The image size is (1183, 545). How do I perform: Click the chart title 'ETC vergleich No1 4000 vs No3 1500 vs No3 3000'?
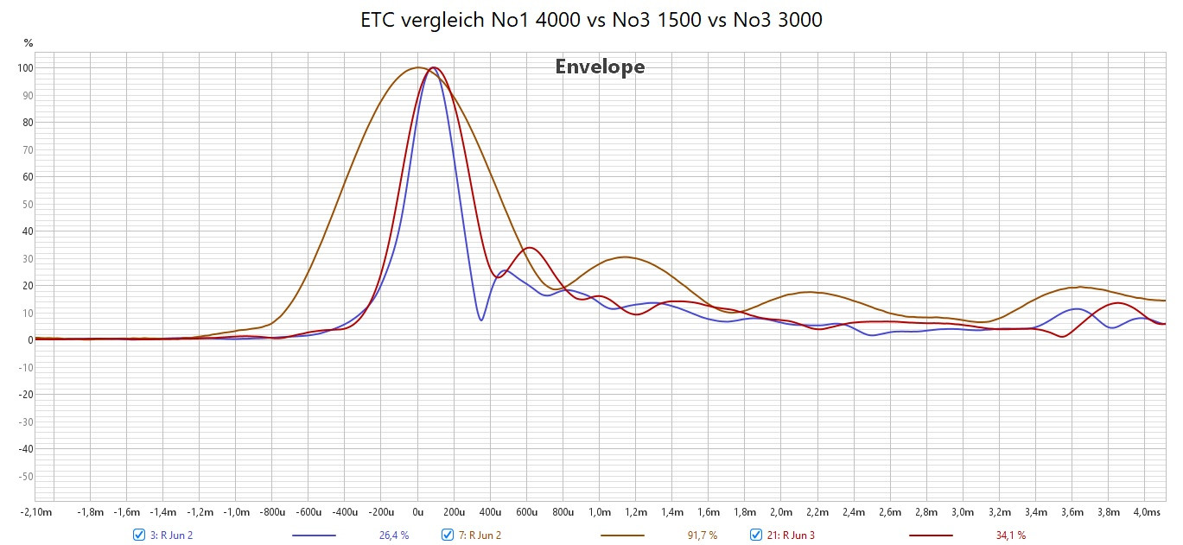591,20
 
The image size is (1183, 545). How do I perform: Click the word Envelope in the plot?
600,67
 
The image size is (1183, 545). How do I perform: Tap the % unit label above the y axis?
29,43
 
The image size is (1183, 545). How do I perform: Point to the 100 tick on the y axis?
25,68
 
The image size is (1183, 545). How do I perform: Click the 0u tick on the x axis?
417,512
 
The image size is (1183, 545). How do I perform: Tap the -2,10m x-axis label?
36,512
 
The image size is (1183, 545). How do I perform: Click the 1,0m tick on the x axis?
600,512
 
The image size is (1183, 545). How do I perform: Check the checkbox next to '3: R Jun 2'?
139,535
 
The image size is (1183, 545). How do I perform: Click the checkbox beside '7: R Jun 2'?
448,535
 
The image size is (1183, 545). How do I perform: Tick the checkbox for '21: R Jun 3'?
756,535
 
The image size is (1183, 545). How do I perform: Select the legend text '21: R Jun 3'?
791,535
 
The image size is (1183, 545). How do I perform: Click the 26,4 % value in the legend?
394,535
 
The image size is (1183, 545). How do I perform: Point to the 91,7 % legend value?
703,535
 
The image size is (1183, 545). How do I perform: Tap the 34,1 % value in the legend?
1011,535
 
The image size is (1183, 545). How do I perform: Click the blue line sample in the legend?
314,535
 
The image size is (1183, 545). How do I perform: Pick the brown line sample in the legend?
622,535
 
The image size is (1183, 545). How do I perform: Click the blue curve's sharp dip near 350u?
481,320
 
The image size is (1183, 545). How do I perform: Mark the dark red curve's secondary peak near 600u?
530,248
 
